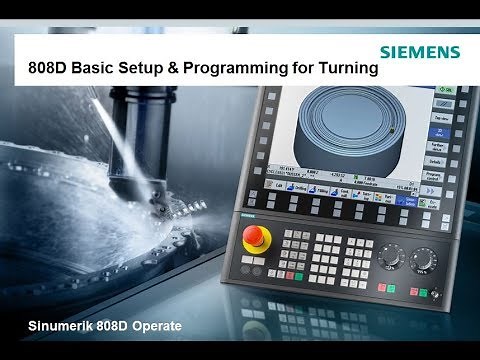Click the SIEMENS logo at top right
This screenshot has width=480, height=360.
[420, 53]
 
